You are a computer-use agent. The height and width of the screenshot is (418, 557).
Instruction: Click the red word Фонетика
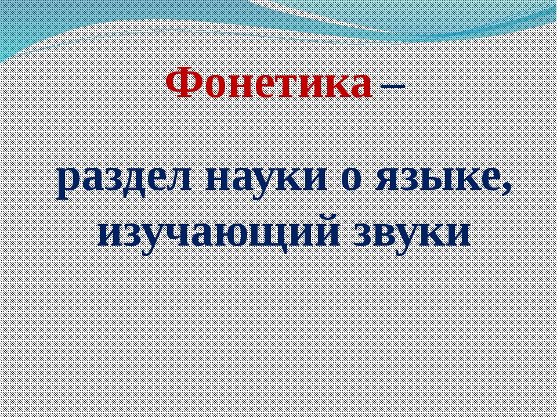[x=269, y=82]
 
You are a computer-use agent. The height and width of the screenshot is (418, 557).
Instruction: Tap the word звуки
[x=412, y=235]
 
